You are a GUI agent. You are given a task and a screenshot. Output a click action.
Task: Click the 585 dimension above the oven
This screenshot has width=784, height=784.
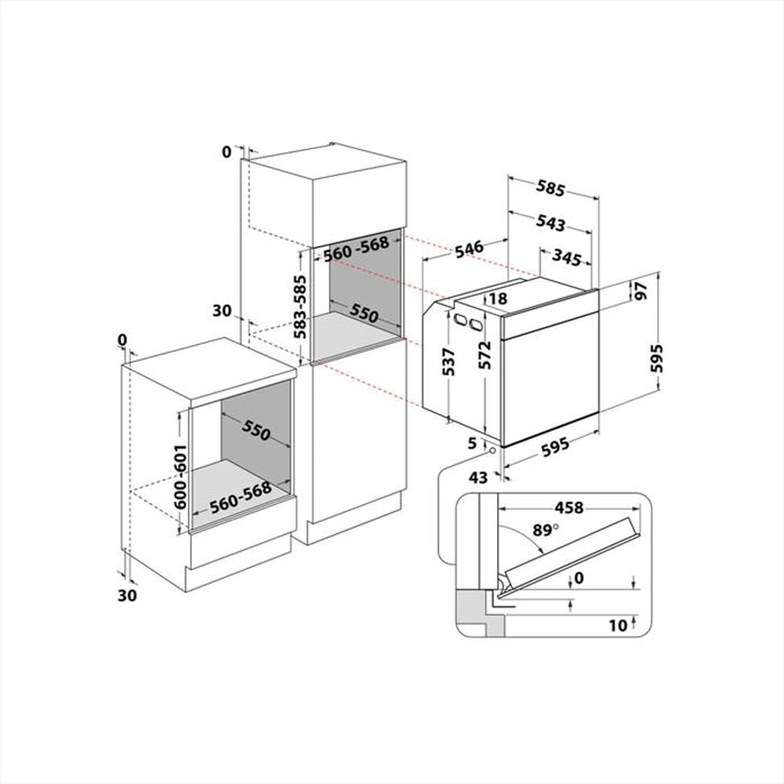[551, 189]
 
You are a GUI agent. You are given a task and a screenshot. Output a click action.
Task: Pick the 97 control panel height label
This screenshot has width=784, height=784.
[641, 291]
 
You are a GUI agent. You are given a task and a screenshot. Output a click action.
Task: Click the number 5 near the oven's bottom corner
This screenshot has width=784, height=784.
[472, 444]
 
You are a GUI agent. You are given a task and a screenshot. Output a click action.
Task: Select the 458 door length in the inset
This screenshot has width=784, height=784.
[568, 507]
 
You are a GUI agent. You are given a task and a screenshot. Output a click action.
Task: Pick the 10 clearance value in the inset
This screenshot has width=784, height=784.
[618, 625]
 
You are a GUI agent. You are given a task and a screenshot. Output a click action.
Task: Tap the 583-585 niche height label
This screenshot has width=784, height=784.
[299, 308]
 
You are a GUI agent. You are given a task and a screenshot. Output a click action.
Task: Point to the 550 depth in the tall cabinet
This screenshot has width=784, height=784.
[364, 314]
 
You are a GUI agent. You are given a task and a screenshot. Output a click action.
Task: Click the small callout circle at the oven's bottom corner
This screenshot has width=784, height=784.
[491, 450]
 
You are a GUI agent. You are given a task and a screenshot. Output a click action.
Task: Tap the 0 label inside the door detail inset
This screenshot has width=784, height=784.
[579, 578]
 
